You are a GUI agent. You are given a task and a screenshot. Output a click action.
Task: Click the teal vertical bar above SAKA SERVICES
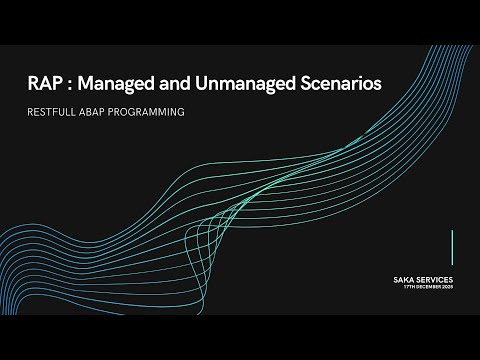(x=453, y=247)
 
